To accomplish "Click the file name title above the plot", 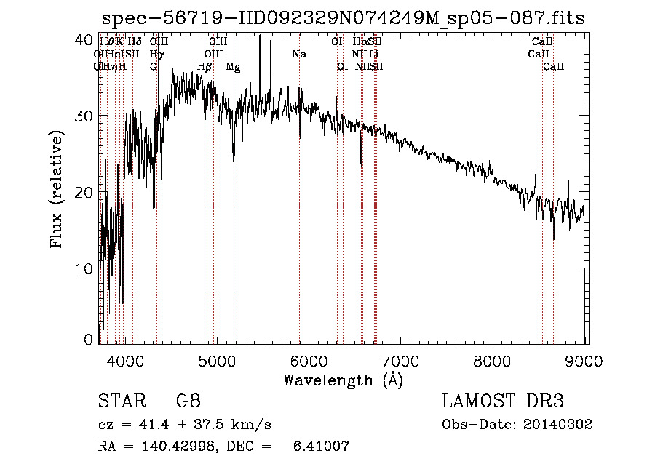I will pos(344,18).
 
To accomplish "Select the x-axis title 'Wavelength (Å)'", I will pos(343,380).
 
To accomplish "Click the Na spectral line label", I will pos(299,54).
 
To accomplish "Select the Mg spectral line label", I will pos(233,67).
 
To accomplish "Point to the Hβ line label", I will pos(205,67).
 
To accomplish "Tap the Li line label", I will pos(374,54).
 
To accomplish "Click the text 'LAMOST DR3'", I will pos(502,401).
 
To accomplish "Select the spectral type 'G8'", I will pos(188,401).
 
